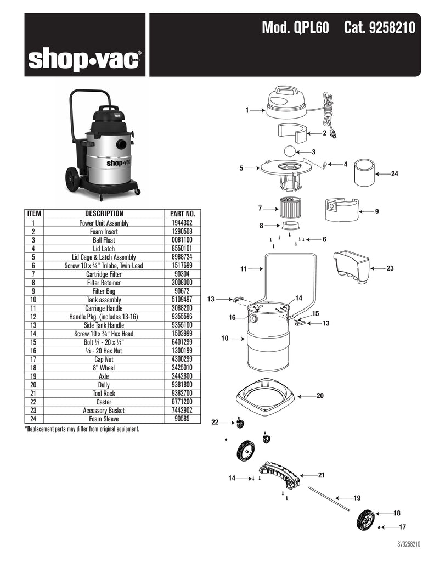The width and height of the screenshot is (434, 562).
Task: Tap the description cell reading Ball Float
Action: click(x=104, y=240)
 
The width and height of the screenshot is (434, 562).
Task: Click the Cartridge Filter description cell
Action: click(x=104, y=274)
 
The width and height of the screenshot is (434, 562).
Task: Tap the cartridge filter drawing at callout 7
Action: click(x=291, y=208)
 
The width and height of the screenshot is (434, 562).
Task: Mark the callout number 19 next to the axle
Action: click(x=357, y=498)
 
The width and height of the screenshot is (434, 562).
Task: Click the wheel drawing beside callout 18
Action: click(x=367, y=519)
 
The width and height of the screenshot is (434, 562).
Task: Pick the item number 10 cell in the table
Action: click(x=33, y=300)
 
